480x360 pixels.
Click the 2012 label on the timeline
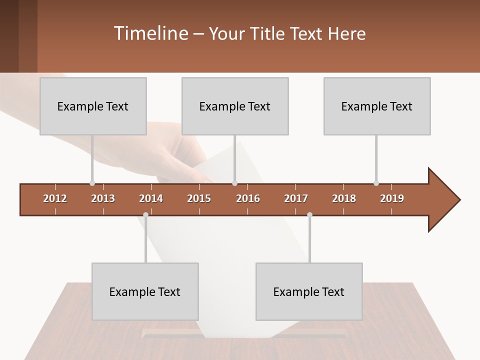[x=55, y=198]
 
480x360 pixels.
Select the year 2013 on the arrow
[x=103, y=198]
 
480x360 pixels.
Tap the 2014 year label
[x=151, y=198]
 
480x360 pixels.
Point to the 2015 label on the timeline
[x=199, y=198]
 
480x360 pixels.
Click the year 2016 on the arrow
[x=248, y=198]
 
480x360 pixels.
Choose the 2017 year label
[x=296, y=198]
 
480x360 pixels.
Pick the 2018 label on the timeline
[x=344, y=198]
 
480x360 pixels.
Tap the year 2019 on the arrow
[x=392, y=198]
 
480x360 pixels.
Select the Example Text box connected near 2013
[x=93, y=106]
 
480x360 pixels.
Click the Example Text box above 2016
[x=235, y=106]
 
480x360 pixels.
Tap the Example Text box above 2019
[x=377, y=106]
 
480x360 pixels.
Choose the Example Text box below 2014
[x=145, y=291]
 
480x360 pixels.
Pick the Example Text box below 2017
[x=309, y=291]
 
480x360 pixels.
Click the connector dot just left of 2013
[x=92, y=183]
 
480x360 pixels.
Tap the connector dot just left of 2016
[x=234, y=183]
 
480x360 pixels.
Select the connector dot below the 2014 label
[x=145, y=214]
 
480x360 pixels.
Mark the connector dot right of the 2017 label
[x=309, y=214]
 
